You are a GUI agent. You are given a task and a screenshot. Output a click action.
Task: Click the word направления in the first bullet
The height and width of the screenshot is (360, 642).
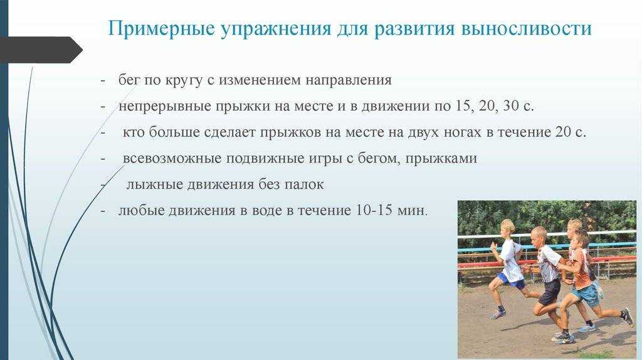(x=349, y=80)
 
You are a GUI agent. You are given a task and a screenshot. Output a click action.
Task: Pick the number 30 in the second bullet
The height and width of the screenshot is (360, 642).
(x=510, y=105)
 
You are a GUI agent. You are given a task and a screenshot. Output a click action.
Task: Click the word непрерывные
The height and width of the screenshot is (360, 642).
(x=165, y=107)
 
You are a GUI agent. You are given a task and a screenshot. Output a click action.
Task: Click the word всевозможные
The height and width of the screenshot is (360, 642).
(x=172, y=158)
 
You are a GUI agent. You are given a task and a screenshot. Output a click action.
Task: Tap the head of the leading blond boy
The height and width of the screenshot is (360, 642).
(x=508, y=228)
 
